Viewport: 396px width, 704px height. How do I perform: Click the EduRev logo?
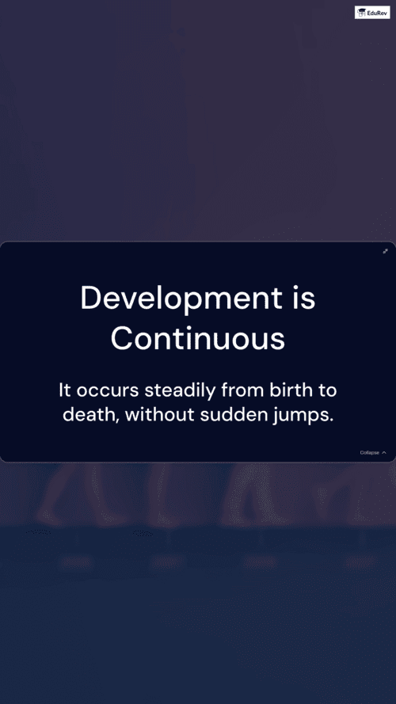(372, 13)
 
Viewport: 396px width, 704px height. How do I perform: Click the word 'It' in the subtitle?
(65, 390)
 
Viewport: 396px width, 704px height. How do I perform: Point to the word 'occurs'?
(108, 391)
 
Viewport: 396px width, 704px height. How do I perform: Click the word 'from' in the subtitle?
(243, 390)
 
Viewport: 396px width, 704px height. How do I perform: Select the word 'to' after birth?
(327, 390)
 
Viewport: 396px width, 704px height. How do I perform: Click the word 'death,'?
(91, 415)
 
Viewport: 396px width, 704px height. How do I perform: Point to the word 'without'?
(159, 414)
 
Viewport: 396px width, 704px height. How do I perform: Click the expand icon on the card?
(385, 251)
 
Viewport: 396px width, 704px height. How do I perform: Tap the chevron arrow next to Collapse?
(384, 453)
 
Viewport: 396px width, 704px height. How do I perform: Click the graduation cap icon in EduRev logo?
(361, 13)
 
